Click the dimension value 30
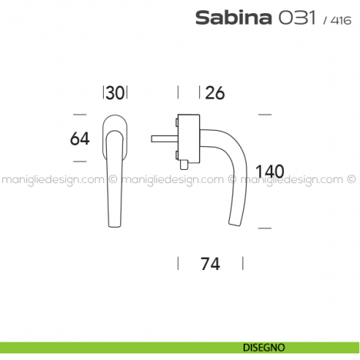pos(115,93)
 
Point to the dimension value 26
pos(216,93)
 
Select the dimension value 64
pos(80,138)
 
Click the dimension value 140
pos(269,172)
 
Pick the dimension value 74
pos(211,265)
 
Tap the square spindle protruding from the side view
pos(162,138)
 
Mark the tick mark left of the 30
pos(103,92)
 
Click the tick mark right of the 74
pos(243,264)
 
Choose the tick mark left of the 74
pos(179,264)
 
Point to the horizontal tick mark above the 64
pos(81,114)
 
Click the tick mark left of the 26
pos(179,92)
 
